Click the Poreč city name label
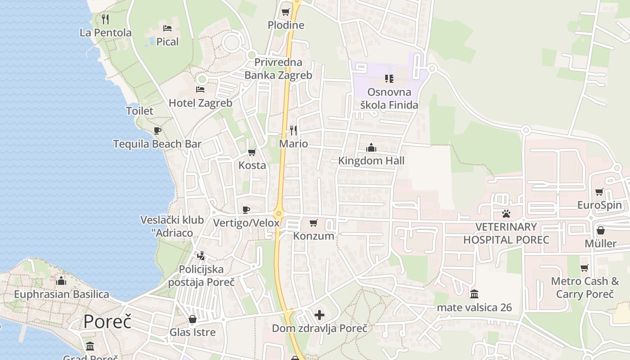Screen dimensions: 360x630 [x=107, y=322]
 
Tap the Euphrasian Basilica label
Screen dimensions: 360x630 [x=62, y=294]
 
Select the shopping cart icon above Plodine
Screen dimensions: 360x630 [x=285, y=12]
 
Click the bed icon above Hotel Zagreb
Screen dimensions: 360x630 [x=200, y=90]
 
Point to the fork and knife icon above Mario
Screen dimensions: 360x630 [x=293, y=130]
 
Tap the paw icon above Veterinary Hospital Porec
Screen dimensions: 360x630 [x=506, y=213]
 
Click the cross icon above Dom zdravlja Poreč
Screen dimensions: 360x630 [x=319, y=315]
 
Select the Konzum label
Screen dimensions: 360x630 [x=314, y=236]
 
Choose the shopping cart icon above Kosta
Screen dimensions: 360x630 [x=252, y=152]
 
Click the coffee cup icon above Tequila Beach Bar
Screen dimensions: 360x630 [x=157, y=130]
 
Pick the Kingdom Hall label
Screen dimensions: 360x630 [x=371, y=161]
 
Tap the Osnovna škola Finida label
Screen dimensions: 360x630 [x=389, y=99]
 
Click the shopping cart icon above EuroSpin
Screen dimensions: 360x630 [x=599, y=192]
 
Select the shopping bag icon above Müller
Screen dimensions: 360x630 [x=600, y=230]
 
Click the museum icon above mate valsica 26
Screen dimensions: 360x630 [x=474, y=294]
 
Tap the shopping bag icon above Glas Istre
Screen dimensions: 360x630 [x=193, y=319]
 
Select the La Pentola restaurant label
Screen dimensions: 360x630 [x=105, y=32]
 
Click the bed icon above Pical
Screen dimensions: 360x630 [x=167, y=28]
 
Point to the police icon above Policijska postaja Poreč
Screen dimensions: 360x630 [x=201, y=256]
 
